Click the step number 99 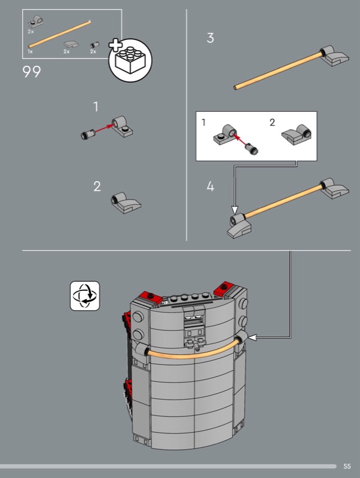(x=32, y=72)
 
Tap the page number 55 (x=347, y=466)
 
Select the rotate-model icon (x=85, y=296)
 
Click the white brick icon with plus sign (x=130, y=60)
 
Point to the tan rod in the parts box (x=60, y=34)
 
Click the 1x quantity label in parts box (x=30, y=51)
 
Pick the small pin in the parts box (x=94, y=45)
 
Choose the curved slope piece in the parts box (x=71, y=44)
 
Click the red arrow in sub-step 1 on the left (x=104, y=128)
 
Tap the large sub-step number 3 (x=210, y=38)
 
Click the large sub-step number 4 (x=210, y=186)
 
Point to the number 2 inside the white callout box (x=273, y=122)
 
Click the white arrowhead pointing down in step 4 (x=234, y=210)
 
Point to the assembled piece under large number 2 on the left (x=126, y=203)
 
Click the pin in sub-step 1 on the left (x=88, y=134)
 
